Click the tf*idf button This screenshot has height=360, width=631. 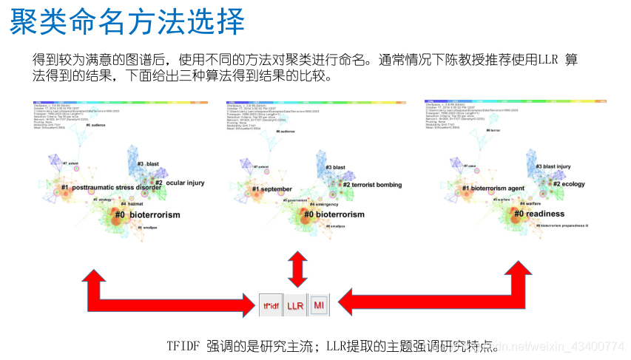270,305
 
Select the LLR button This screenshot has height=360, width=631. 295,305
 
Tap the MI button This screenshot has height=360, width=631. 319,305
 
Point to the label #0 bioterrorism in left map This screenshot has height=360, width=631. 146,214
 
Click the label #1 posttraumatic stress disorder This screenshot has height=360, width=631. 111,188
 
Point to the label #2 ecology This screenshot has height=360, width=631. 569,184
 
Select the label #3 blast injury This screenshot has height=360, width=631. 553,167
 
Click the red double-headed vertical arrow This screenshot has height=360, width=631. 297,268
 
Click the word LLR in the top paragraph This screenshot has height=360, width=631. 544,59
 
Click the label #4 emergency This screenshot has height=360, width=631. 323,203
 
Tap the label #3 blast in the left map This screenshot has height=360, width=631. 148,163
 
